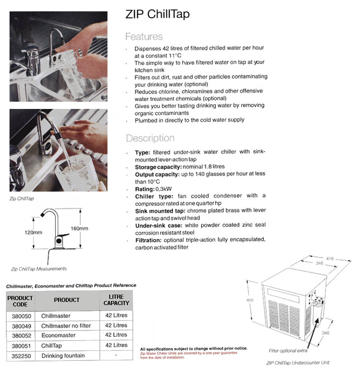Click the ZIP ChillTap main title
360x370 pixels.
pos(157,15)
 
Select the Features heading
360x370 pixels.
pos(144,37)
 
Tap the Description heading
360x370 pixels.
pos(150,138)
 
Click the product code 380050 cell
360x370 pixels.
pos(20,316)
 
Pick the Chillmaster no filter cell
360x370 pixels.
pos(66,326)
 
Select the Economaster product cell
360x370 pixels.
pos(58,335)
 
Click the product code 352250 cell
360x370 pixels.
pos(20,355)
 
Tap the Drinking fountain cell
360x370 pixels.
pos(63,355)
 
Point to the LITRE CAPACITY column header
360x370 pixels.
pos(116,300)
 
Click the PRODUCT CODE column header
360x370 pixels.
pos(20,300)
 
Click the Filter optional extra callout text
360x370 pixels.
pos(288,350)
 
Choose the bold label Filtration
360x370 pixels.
pos(150,239)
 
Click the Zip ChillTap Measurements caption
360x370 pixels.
pos(39,269)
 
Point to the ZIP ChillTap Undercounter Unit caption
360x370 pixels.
pos(297,362)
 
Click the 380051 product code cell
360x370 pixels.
pos(20,345)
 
